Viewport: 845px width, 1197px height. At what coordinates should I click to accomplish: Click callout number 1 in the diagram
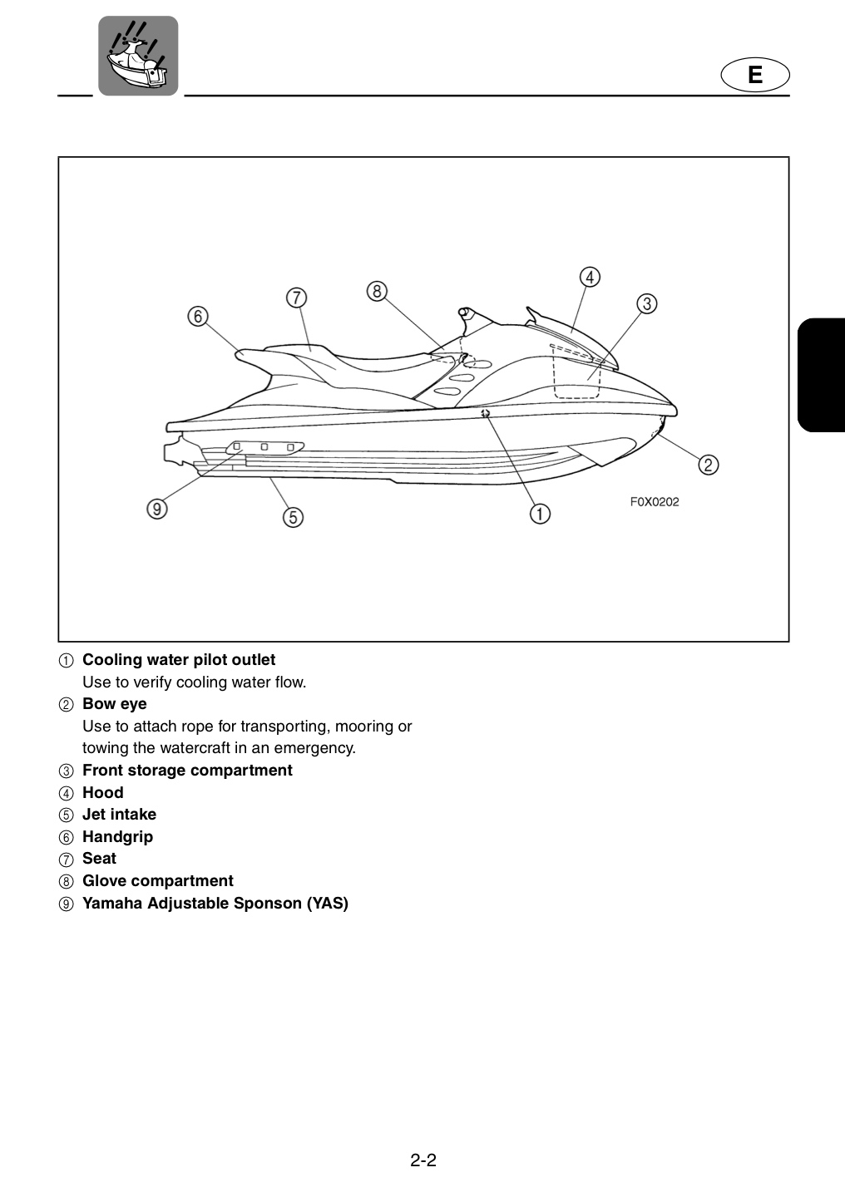pos(540,514)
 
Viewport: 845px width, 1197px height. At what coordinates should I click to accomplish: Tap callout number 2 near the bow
pos(709,465)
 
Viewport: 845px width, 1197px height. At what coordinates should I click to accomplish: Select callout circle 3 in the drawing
pos(646,303)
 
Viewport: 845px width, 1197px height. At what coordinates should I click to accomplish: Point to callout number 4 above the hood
pos(590,278)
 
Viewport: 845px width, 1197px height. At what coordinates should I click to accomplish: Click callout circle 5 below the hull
pos(293,517)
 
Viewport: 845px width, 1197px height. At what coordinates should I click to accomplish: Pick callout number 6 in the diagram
pos(198,317)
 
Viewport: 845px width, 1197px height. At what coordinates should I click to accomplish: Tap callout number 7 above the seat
pos(297,298)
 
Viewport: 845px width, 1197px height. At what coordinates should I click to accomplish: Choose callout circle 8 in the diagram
pos(377,291)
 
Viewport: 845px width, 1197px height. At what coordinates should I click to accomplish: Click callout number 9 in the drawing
pos(157,509)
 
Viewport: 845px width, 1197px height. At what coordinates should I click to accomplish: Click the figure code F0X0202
pos(655,502)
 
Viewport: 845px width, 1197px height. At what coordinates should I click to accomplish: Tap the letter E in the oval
pos(755,75)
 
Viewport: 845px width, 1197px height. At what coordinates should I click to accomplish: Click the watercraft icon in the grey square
pos(138,56)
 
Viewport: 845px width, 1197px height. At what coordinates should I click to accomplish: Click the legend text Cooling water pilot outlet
pos(179,660)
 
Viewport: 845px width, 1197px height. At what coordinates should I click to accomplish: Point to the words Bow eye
pos(115,704)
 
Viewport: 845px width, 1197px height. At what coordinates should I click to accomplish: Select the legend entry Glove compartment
pos(158,880)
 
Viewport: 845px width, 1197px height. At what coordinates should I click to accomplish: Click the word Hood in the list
pos(102,792)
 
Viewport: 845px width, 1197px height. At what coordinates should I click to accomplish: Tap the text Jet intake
pos(119,815)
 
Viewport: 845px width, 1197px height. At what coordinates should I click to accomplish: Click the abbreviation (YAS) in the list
pos(328,903)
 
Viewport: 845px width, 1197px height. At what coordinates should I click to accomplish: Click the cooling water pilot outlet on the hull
pos(485,412)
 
